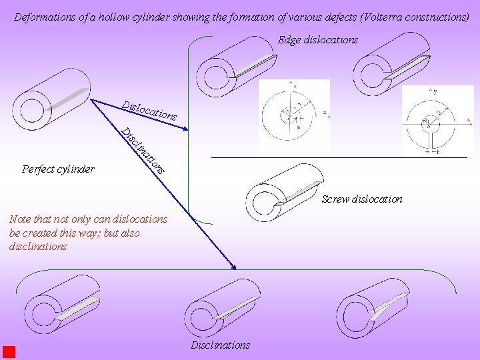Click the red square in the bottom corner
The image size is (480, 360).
[x=9, y=352]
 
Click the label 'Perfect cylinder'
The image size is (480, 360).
[x=58, y=169]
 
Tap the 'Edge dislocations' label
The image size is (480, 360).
[x=318, y=40]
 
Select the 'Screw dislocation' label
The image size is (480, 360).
[x=362, y=199]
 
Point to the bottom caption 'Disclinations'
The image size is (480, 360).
[x=220, y=345]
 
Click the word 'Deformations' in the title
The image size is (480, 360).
[x=44, y=17]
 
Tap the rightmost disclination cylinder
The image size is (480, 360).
[x=373, y=307]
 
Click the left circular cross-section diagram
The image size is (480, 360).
[x=293, y=114]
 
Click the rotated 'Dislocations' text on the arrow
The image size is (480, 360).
[x=149, y=110]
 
